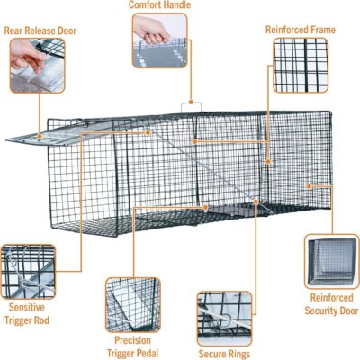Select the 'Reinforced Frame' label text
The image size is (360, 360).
(300, 30)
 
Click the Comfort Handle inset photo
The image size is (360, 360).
(162, 42)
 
